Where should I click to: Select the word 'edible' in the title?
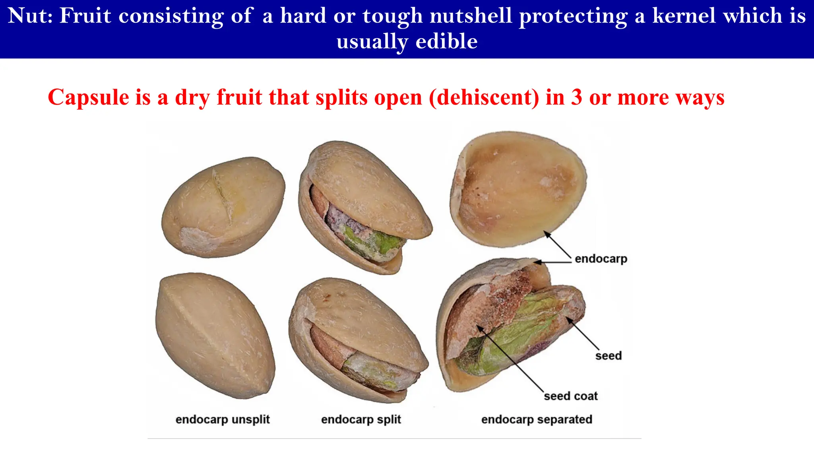[x=446, y=41]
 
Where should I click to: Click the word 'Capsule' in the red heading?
[x=88, y=97]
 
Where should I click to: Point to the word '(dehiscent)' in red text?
[x=484, y=98]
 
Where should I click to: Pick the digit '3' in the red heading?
[x=577, y=97]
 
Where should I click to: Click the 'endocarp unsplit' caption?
[x=223, y=419]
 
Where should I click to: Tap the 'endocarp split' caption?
[x=361, y=419]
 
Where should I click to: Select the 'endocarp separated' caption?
[x=537, y=419]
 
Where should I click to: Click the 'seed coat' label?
[x=571, y=396]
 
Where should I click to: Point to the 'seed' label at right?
[x=608, y=355]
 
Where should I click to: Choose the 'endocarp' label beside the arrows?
[x=601, y=259]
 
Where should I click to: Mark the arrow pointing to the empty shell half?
[x=558, y=245]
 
